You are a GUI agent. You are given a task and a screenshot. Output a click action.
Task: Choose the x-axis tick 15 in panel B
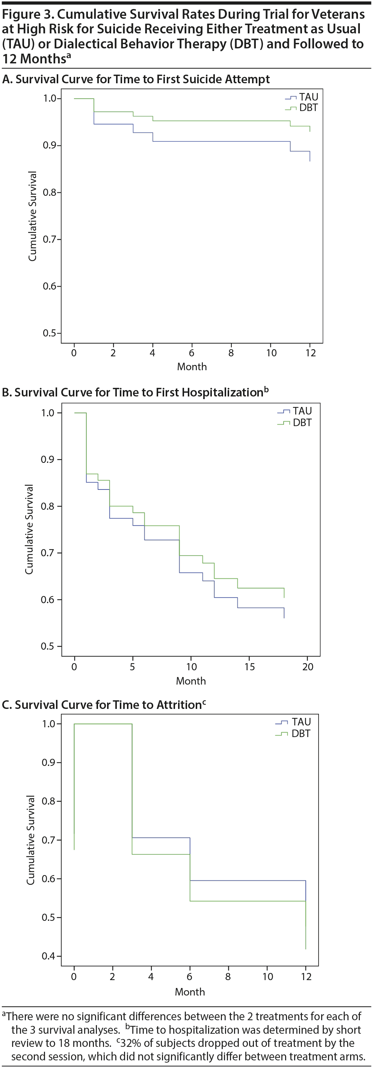click(x=249, y=667)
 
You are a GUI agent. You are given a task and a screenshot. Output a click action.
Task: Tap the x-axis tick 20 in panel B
click(x=307, y=667)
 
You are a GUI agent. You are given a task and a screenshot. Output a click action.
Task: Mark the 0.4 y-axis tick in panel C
click(x=49, y=956)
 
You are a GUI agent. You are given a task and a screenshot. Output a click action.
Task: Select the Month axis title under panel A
click(x=192, y=367)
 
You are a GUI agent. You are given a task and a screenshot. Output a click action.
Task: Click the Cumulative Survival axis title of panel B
click(x=29, y=529)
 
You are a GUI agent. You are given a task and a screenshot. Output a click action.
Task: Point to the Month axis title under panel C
click(x=190, y=992)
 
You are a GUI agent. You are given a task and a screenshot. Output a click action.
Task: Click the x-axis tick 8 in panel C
click(x=228, y=976)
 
